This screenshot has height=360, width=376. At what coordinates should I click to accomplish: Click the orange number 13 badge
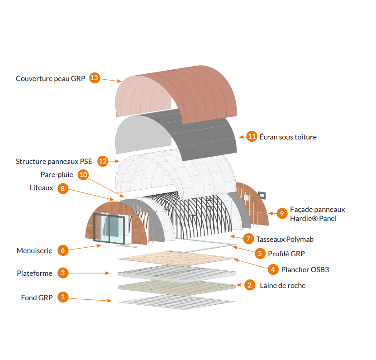click(94, 78)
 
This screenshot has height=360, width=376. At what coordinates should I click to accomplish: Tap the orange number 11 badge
click(252, 137)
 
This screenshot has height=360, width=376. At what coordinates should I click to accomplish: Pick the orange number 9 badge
click(282, 213)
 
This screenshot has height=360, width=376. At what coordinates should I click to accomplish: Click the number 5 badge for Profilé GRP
click(260, 254)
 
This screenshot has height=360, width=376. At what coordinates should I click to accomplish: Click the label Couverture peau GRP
click(50, 78)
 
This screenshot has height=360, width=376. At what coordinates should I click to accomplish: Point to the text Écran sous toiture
click(288, 137)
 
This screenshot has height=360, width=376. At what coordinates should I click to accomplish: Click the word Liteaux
click(42, 187)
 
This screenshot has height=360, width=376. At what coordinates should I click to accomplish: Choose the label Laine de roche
click(282, 285)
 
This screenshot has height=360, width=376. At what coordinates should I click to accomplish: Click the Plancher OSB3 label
click(305, 269)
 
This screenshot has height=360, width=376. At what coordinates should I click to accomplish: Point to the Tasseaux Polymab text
click(285, 239)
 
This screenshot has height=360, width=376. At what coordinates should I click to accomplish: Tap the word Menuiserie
click(34, 250)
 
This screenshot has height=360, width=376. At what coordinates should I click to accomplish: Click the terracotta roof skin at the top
click(204, 91)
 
